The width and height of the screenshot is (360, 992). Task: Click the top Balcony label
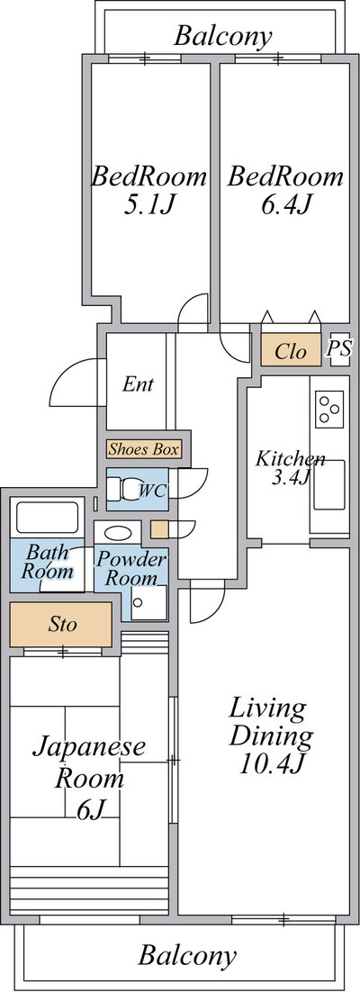tap(222, 36)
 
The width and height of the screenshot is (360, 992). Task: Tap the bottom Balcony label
tap(187, 955)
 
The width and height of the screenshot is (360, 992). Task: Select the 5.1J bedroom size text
tap(149, 205)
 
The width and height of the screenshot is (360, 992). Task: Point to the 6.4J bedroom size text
tap(286, 205)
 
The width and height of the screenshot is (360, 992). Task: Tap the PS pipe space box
tap(339, 348)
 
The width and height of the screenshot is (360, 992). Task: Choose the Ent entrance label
tap(138, 384)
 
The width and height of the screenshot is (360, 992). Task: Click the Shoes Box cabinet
tap(144, 449)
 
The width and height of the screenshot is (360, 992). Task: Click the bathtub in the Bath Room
tap(48, 517)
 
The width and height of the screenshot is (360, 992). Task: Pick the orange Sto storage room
tap(61, 625)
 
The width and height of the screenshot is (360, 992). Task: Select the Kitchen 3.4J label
tap(289, 468)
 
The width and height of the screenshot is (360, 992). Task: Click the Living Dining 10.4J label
tap(270, 735)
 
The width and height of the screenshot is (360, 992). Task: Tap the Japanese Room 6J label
tap(89, 778)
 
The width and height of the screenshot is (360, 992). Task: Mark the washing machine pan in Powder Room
tap(149, 602)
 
